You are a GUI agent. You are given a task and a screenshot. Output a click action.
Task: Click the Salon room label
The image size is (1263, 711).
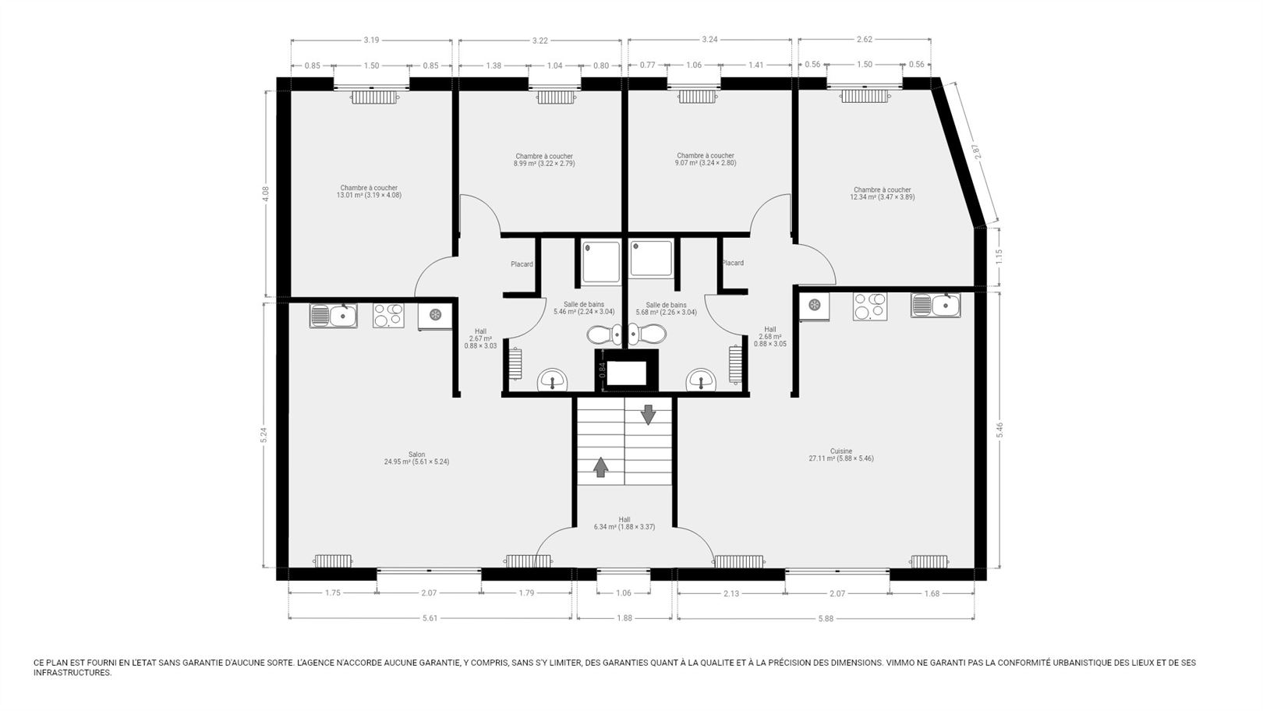click(x=416, y=458)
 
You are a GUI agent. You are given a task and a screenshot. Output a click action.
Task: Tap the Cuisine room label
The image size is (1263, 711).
click(x=841, y=455)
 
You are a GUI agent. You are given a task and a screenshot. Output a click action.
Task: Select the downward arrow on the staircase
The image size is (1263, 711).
click(x=649, y=414)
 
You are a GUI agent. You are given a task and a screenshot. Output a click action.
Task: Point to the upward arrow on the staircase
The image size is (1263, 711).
click(x=600, y=467)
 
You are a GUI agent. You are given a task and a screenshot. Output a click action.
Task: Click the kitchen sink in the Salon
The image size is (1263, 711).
click(x=333, y=316)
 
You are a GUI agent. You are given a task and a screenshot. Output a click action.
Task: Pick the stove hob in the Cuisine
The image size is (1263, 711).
click(x=869, y=306)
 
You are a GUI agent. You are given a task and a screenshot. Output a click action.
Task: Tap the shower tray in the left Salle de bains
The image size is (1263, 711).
click(x=602, y=262)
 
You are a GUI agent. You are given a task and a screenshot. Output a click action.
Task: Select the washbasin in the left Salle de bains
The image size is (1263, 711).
click(x=553, y=380)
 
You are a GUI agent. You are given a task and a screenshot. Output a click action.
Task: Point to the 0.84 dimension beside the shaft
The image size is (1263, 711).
click(x=602, y=370)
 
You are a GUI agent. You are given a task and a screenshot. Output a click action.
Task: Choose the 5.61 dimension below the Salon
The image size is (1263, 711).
click(x=430, y=618)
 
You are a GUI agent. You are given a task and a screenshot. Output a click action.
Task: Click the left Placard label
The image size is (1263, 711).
click(x=522, y=264)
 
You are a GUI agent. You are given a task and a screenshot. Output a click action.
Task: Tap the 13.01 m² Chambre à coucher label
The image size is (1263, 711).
click(x=369, y=191)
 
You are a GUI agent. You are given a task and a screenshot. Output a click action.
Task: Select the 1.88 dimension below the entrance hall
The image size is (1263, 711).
click(x=624, y=618)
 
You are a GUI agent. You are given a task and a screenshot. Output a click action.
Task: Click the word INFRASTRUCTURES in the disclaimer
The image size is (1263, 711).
click(x=73, y=673)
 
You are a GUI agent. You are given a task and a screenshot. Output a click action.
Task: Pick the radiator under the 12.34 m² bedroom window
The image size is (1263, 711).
click(x=865, y=97)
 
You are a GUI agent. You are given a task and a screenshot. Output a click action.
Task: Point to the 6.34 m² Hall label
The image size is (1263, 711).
click(x=624, y=523)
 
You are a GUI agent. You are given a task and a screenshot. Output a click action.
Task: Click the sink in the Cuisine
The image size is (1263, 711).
click(x=936, y=305)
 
